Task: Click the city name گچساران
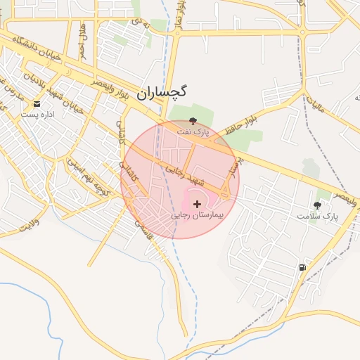[162, 91]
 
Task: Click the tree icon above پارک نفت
[193, 120]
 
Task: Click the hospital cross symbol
[196, 203]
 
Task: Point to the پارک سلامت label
[316, 216]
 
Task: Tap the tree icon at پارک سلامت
[318, 205]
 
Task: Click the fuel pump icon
[303, 267]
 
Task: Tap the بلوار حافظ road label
[243, 120]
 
